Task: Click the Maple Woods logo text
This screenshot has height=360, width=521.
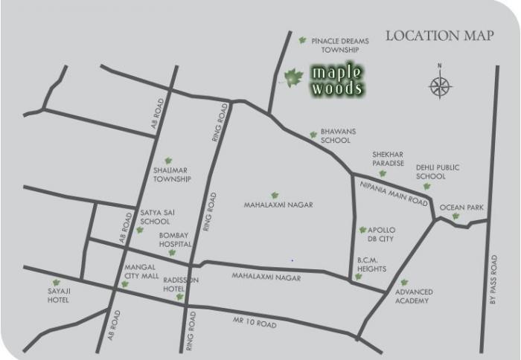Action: click(x=336, y=80)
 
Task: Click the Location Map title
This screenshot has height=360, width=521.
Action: click(x=439, y=36)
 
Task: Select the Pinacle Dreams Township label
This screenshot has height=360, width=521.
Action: click(x=339, y=45)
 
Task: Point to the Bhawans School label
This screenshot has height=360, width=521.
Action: click(x=338, y=135)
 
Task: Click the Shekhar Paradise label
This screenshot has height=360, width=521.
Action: click(x=388, y=158)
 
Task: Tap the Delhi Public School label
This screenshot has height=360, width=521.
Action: click(x=430, y=173)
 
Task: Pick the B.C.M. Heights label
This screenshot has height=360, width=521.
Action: click(x=371, y=266)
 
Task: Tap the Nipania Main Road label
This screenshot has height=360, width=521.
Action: click(x=394, y=193)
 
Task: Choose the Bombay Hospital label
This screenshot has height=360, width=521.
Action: click(x=176, y=240)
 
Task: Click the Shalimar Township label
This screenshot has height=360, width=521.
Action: click(x=173, y=175)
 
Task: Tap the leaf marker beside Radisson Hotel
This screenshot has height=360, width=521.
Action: click(x=179, y=297)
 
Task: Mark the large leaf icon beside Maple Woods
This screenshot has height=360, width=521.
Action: click(x=293, y=77)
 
